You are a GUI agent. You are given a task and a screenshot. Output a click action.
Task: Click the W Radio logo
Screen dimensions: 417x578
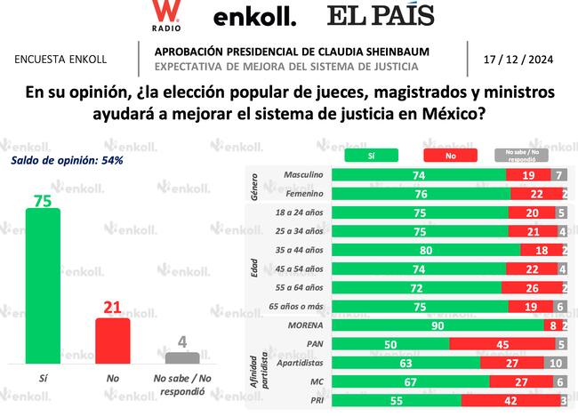click(164, 17)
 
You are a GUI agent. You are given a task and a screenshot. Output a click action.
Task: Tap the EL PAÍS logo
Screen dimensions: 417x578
click(381, 16)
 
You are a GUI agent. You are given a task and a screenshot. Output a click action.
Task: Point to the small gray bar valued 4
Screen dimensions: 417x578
click(182, 357)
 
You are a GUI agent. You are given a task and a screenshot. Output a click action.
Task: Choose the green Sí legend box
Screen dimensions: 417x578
click(370, 154)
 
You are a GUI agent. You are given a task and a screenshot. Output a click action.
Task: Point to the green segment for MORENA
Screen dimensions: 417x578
click(437, 325)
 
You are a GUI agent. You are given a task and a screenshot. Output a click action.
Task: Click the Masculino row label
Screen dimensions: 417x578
click(300, 176)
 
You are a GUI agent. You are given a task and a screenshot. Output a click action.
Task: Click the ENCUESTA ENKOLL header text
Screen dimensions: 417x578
click(60, 60)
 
